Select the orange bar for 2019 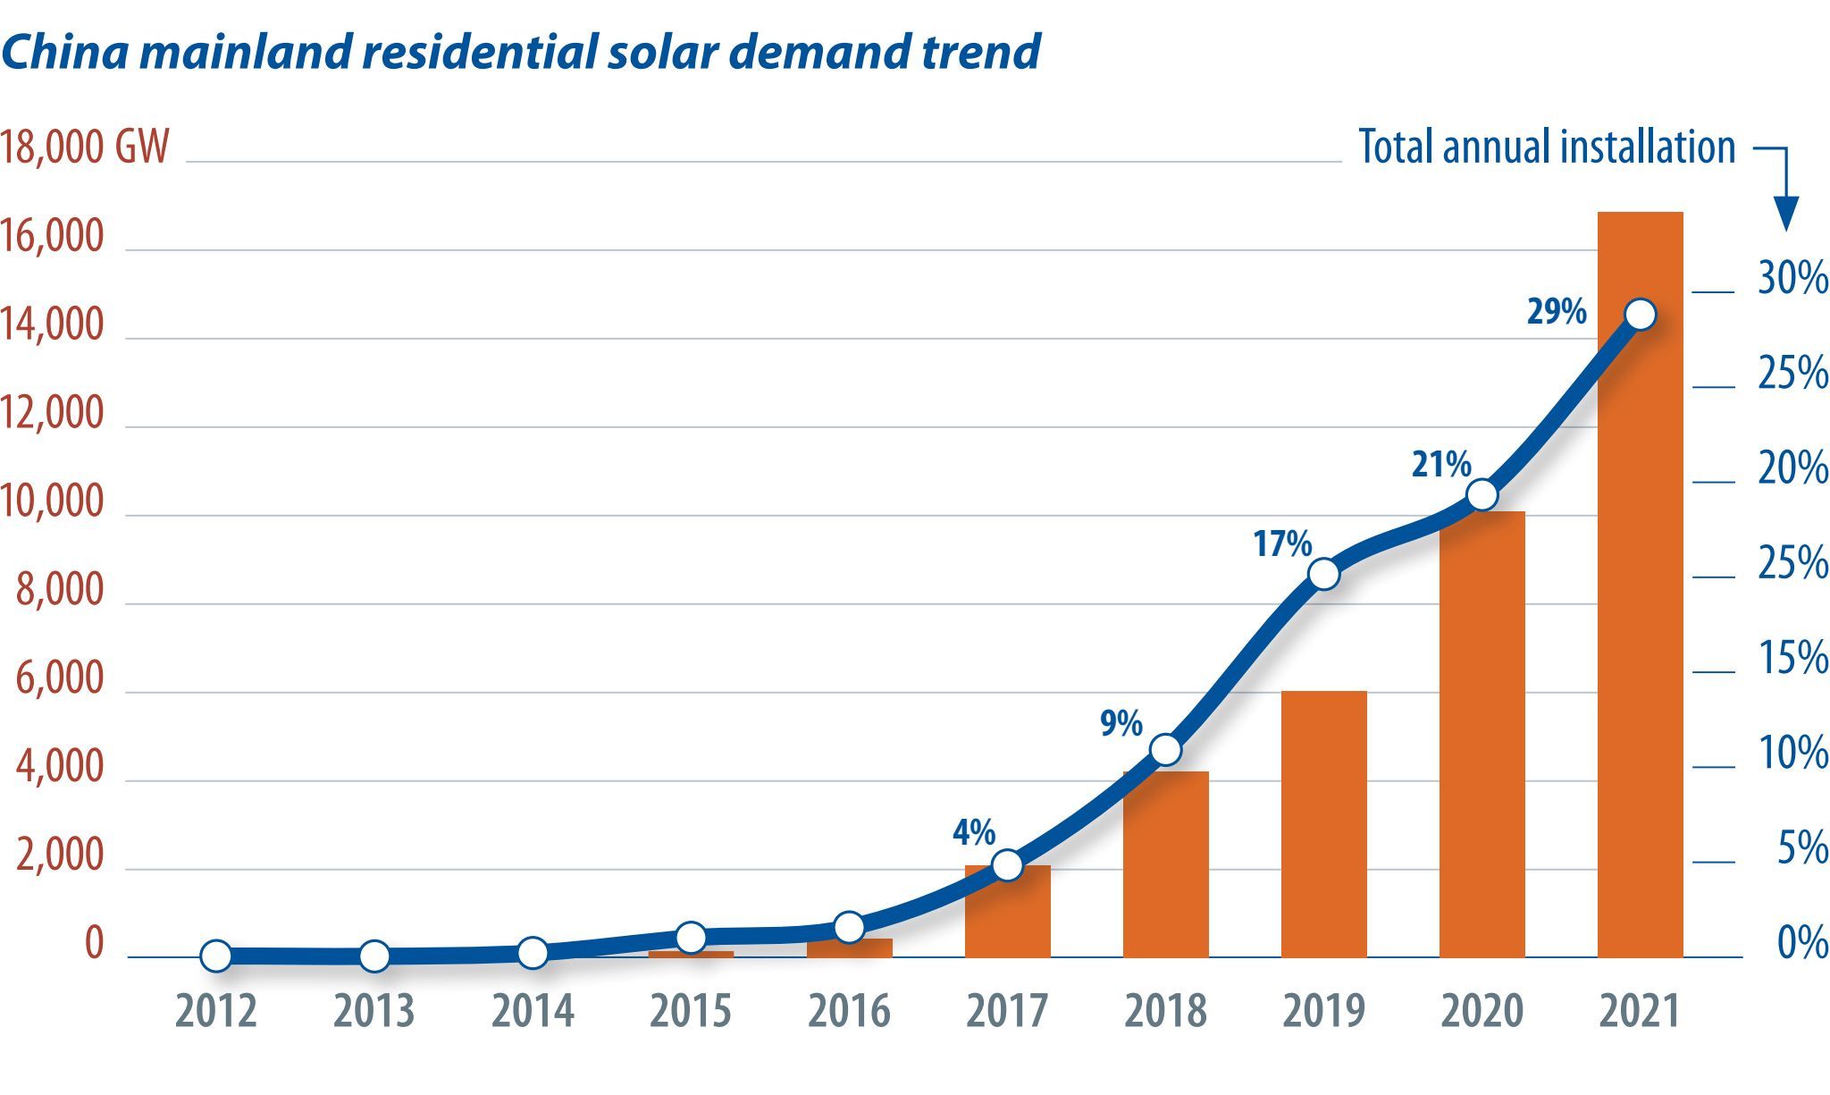[1323, 824]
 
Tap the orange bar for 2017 [1007, 911]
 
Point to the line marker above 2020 [1482, 494]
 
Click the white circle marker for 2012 [216, 956]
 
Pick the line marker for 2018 [1165, 750]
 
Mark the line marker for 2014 [533, 953]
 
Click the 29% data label [1557, 311]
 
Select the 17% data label [1282, 543]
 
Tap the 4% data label [974, 833]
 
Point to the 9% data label [1121, 723]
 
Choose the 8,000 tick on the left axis [60, 591]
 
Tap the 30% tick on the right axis [1793, 279]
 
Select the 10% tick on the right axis [1793, 754]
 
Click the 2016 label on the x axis [849, 1011]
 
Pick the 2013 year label [374, 1011]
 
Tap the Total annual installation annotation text [1547, 147]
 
